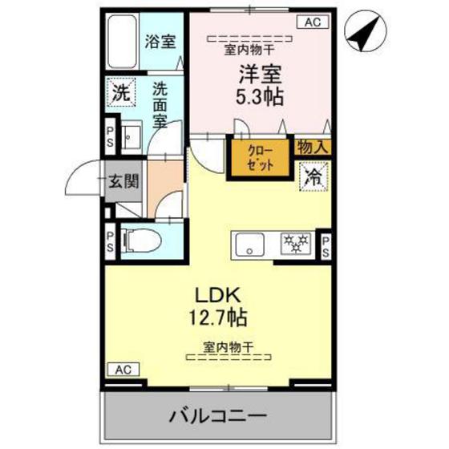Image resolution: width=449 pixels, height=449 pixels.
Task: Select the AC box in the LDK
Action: pyautogui.click(x=122, y=370)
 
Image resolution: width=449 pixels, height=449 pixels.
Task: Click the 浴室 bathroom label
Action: pyautogui.click(x=160, y=42)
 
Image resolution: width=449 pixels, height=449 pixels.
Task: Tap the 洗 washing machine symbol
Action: pyautogui.click(x=120, y=92)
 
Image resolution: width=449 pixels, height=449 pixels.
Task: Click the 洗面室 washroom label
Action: pyautogui.click(x=160, y=103)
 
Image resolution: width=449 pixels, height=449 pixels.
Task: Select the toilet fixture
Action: pyautogui.click(x=142, y=239)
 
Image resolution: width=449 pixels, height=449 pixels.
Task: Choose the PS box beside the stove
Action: pyautogui.click(x=326, y=245)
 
